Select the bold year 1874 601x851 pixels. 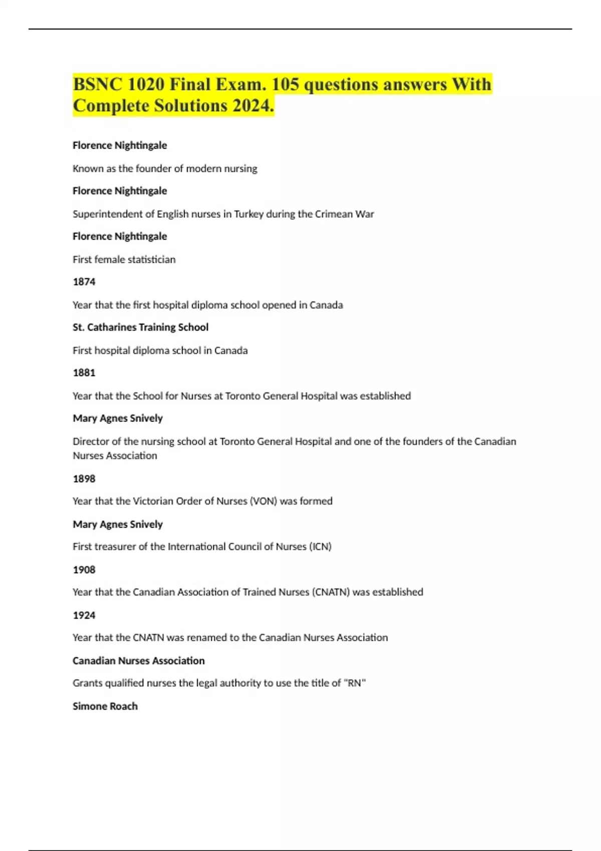84,282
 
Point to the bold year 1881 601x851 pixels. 84,372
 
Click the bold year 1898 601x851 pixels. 84,479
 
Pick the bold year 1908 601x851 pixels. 84,570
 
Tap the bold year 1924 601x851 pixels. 84,615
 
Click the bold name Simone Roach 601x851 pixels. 105,706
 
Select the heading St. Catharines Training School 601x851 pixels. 140,327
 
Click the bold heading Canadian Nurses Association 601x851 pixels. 138,661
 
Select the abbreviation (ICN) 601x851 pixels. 320,547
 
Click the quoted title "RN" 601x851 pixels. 355,683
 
